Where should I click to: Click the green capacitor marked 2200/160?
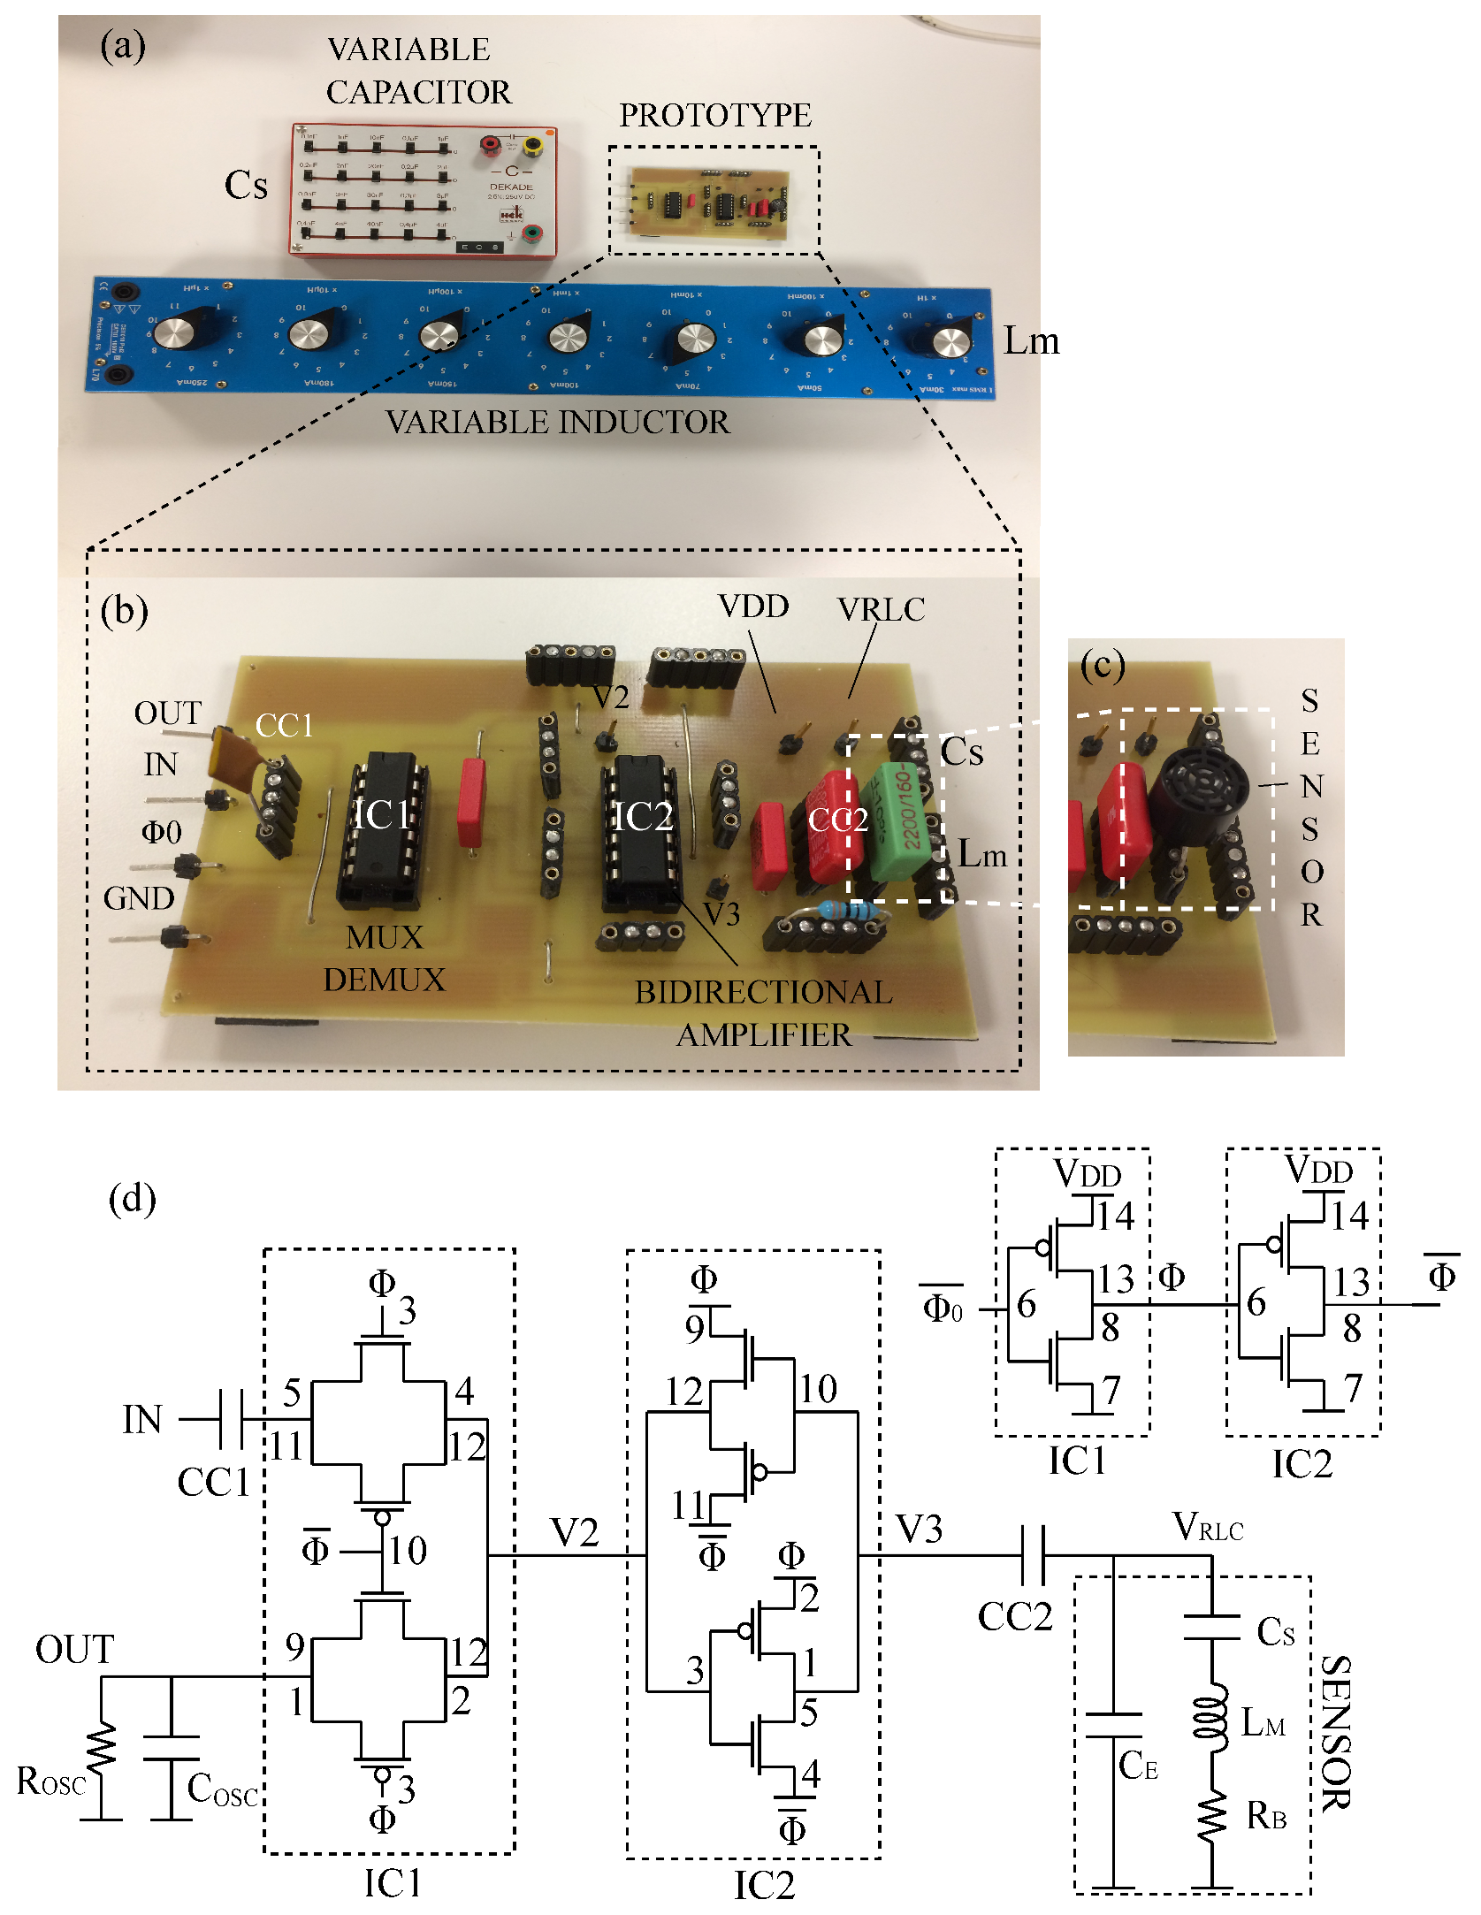(x=900, y=823)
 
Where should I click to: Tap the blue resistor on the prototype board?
(x=844, y=910)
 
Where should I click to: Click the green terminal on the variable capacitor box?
(x=533, y=233)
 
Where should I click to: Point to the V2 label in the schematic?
(x=574, y=1532)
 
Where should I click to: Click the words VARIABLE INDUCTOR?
(x=558, y=423)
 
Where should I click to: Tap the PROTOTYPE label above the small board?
(x=714, y=116)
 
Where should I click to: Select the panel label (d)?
(x=132, y=1199)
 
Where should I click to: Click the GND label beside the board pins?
(x=139, y=899)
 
